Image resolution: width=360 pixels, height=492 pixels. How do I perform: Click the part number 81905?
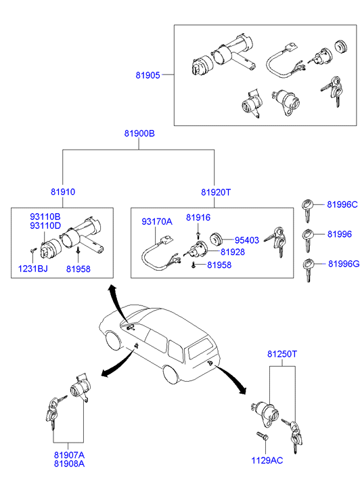(x=148, y=75)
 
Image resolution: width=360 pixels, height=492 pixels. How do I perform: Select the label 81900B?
(x=139, y=133)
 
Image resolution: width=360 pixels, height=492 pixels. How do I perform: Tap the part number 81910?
(x=63, y=192)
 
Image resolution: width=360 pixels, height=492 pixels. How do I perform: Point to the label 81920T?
(x=216, y=192)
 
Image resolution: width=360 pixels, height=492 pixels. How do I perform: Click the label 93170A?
(x=157, y=221)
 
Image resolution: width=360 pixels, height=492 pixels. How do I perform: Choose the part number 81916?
(x=198, y=217)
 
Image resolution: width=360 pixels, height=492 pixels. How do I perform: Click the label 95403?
(x=247, y=240)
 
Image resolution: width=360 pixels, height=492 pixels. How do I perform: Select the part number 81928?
(x=233, y=252)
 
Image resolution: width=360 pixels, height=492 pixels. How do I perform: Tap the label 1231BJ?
(x=33, y=269)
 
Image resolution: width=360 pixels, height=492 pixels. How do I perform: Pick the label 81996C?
(x=342, y=204)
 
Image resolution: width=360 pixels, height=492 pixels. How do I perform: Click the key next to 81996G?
(x=308, y=270)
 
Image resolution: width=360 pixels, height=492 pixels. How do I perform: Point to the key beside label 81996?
(x=308, y=240)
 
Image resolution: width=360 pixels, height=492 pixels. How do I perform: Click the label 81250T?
(x=282, y=354)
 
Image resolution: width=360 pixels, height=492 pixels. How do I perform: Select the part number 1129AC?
(x=267, y=460)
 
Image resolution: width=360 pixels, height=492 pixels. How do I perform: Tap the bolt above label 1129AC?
(x=262, y=436)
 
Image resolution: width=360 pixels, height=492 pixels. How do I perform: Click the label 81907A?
(x=70, y=455)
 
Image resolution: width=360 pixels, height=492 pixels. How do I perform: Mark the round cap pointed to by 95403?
(x=216, y=240)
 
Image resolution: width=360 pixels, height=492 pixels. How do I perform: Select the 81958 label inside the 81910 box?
(x=78, y=269)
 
